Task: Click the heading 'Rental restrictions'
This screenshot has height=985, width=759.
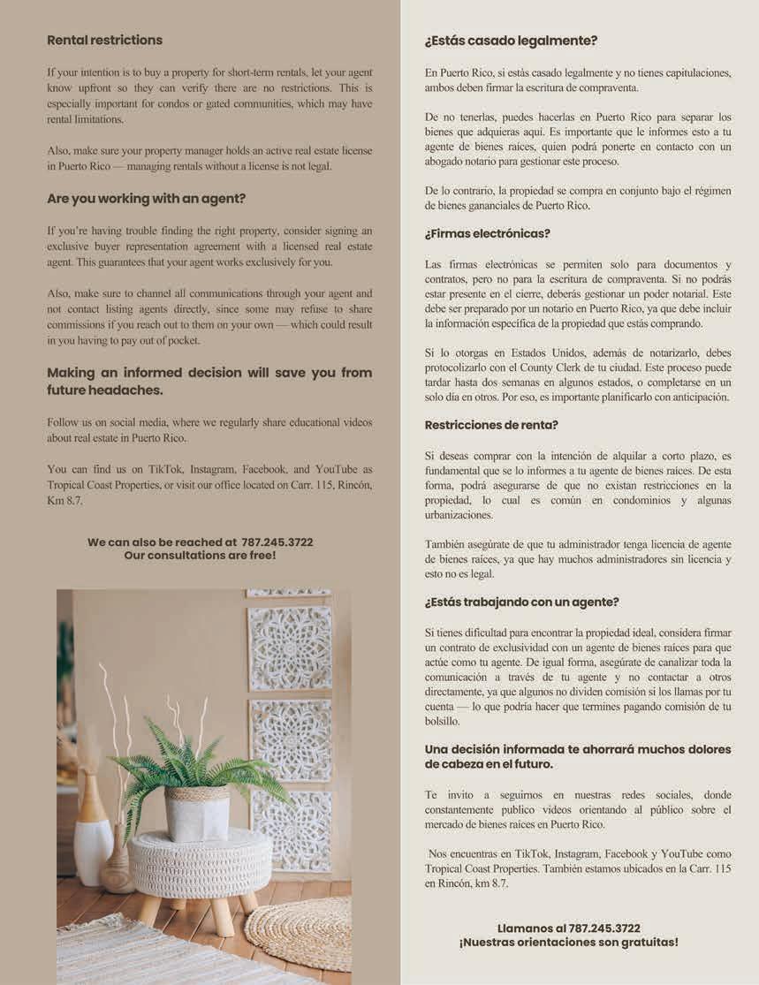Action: click(104, 40)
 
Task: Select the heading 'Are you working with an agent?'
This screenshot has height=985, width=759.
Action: click(146, 199)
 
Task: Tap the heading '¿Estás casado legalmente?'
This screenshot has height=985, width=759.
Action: click(511, 41)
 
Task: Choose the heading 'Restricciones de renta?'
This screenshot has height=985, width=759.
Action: click(491, 425)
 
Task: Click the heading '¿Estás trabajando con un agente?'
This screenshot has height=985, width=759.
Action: click(521, 602)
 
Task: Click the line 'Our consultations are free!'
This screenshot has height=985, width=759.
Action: click(200, 555)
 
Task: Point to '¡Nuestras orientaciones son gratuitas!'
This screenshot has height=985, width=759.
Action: click(568, 942)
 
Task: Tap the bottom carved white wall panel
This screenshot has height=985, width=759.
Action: click(291, 830)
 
